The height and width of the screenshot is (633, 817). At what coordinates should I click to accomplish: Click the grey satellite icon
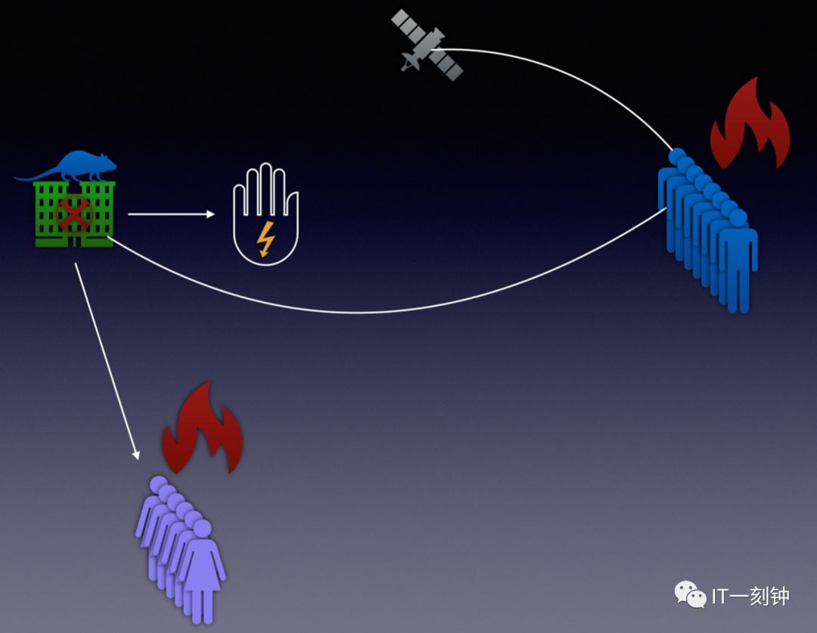[427, 45]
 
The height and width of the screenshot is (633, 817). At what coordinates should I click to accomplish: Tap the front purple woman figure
[202, 568]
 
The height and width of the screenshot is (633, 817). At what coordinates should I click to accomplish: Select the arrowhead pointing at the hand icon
[211, 214]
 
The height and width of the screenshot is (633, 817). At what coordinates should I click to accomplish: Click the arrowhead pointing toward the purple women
[136, 454]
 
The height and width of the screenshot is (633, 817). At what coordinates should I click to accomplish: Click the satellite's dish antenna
[411, 62]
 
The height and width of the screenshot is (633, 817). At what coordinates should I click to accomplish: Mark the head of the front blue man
[738, 218]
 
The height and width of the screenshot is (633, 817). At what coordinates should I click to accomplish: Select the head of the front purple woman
[202, 529]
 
